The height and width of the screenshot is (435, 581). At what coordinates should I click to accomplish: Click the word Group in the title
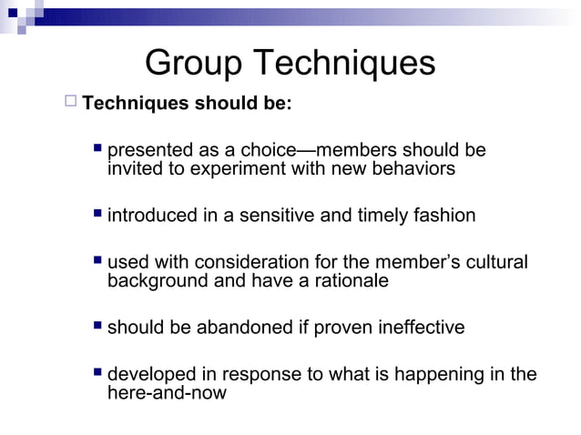click(x=194, y=63)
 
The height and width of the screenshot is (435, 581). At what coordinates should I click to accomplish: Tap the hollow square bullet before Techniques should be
click(x=71, y=101)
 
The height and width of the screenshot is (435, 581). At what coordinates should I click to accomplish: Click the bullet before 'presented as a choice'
click(x=98, y=149)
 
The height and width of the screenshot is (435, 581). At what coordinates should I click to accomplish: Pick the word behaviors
click(x=416, y=168)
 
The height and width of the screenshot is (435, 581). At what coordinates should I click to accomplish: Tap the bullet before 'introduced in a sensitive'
click(x=98, y=216)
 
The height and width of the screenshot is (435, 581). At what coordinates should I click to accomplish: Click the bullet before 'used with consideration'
click(x=98, y=262)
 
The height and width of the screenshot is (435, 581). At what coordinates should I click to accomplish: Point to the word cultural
click(x=496, y=263)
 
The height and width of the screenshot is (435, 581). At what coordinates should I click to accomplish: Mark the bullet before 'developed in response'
click(x=98, y=374)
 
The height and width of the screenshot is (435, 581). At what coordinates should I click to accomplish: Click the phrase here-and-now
click(x=167, y=393)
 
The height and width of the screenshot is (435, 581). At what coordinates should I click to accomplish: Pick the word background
click(x=158, y=281)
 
